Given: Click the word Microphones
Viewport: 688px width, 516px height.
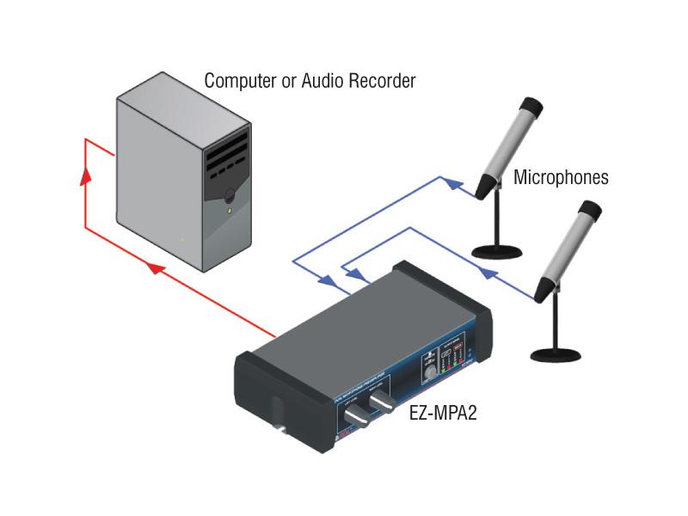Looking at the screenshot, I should pos(561,178).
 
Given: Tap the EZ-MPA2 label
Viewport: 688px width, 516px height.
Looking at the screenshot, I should pos(443,413).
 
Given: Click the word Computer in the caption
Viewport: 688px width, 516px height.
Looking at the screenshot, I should pos(238,81).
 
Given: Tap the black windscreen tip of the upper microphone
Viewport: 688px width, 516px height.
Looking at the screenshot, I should pos(530,107).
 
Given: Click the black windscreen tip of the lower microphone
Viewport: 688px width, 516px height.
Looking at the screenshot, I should pos(589,211).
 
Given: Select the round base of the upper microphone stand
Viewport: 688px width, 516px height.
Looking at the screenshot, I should pos(498,251).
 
